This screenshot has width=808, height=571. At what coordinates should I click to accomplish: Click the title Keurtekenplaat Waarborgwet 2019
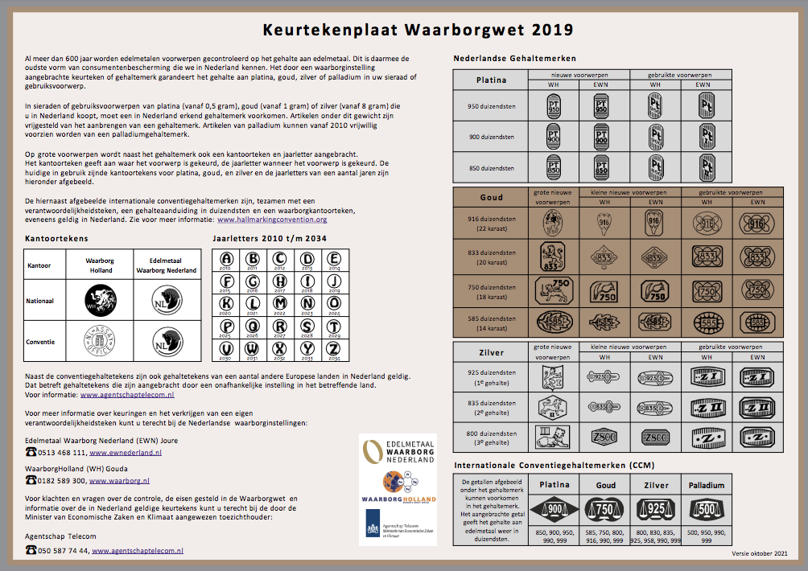tap(418, 31)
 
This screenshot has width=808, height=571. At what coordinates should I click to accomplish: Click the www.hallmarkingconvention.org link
tap(272, 219)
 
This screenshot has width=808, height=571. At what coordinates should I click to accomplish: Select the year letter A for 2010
tap(226, 259)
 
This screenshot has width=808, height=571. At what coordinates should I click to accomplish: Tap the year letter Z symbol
tap(332, 349)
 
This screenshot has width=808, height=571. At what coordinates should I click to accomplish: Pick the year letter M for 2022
tap(279, 304)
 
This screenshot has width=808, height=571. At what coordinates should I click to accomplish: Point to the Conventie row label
tap(41, 341)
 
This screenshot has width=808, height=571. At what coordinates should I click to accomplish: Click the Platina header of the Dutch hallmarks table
tap(491, 80)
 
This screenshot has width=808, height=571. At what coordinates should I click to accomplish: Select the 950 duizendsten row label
tap(491, 105)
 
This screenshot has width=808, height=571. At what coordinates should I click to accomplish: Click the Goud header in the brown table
tap(491, 197)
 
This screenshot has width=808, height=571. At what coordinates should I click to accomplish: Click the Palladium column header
tap(707, 485)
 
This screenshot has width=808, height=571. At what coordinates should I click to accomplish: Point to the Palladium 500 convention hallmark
tap(707, 508)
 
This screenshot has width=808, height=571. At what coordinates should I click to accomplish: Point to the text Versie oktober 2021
tap(759, 553)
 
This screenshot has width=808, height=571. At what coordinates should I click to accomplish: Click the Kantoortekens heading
tap(56, 239)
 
